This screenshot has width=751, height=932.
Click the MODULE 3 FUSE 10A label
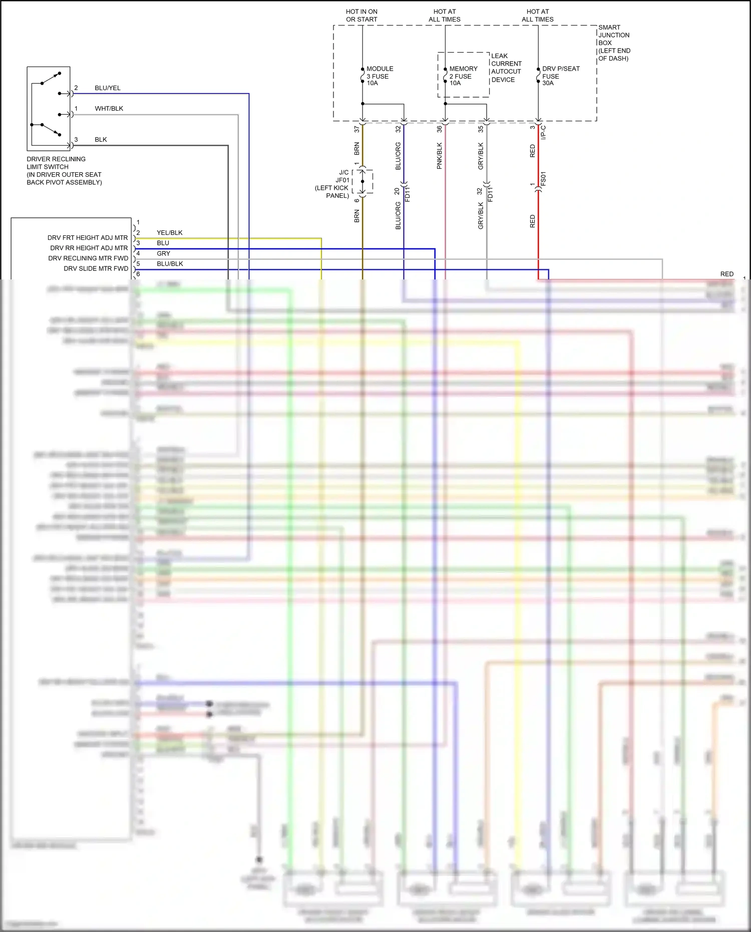click(380, 76)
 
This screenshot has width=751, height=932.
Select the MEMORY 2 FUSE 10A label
click(463, 76)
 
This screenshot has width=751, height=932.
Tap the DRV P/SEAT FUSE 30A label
click(560, 76)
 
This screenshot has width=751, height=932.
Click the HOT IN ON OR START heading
click(361, 16)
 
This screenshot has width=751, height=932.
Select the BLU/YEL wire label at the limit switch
click(108, 88)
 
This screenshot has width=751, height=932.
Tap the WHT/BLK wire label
click(109, 109)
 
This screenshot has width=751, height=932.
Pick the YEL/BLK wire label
click(169, 233)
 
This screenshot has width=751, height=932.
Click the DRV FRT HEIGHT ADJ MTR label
click(88, 238)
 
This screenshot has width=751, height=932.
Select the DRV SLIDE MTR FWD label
click(96, 269)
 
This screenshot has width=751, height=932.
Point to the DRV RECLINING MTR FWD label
click(88, 258)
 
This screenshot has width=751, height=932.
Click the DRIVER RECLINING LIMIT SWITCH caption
click(64, 171)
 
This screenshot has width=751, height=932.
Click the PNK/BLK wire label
click(440, 156)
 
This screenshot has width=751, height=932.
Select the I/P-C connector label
click(543, 133)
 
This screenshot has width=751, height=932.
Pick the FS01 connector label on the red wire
click(543, 179)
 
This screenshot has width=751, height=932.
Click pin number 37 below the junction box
click(357, 129)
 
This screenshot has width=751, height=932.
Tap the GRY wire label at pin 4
click(163, 254)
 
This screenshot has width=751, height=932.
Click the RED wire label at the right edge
click(726, 274)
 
